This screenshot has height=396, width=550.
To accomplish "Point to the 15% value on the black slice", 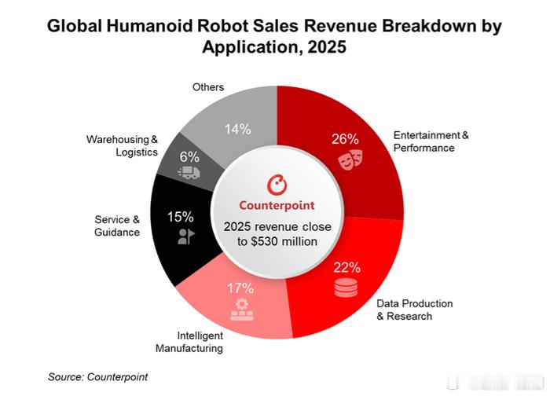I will pos(180,217).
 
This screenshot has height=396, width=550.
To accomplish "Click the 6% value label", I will pos(189,156).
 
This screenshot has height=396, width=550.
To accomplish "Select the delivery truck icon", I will pos(189,174).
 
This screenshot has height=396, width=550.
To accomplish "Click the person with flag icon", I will pos(185,236).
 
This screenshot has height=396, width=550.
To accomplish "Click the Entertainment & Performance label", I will pos(431,141).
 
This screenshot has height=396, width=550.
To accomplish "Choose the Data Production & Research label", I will pos(415,310).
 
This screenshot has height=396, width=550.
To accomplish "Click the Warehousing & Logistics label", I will pos(122,145).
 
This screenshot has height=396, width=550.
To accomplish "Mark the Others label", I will pos(208,86).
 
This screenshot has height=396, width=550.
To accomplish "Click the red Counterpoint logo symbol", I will pos(277,185).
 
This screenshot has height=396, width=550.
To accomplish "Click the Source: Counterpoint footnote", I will pos(97,377).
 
